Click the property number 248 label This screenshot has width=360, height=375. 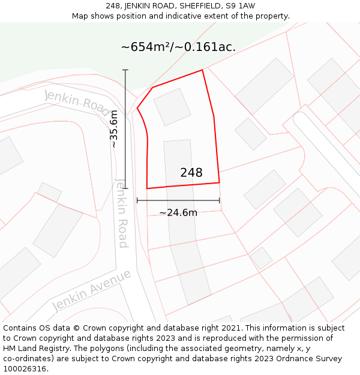click(191, 173)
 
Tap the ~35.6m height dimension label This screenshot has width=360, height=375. click(114, 129)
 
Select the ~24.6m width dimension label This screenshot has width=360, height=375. click(178, 212)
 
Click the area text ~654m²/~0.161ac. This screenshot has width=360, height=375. click(178, 47)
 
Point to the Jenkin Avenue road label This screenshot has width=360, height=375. click(91, 290)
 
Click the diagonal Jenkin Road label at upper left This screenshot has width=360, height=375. click(77, 100)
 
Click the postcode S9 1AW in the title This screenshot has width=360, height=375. click(245, 6)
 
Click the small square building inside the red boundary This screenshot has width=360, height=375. click(172, 107)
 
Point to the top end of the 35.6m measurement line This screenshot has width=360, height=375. click(125, 70)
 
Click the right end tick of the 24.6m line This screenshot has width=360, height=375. click(219, 200)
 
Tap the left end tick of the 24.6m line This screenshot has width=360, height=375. click(137, 200)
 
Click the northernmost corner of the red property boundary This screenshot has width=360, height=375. click(202, 70)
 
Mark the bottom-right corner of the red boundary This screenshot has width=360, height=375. click(219, 182)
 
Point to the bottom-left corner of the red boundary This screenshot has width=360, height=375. click(147, 188)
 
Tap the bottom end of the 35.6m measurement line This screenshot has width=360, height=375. click(125, 188)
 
